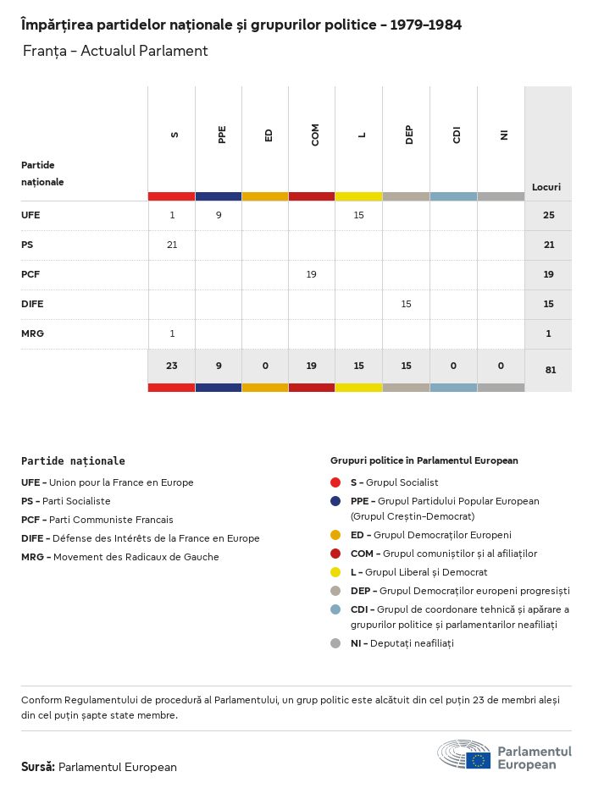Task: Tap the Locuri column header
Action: tap(546, 187)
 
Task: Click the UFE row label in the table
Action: tap(30, 215)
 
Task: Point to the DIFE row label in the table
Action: tap(32, 304)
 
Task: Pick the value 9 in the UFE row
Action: tap(219, 215)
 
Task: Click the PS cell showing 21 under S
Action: tap(172, 245)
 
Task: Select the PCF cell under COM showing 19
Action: tap(312, 274)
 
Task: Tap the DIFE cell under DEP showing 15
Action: tap(406, 304)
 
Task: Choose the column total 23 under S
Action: tap(172, 366)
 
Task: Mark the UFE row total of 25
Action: tap(549, 215)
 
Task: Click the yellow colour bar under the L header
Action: tap(359, 196)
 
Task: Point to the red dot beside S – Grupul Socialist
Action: tap(336, 482)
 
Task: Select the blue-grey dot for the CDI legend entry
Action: tap(336, 609)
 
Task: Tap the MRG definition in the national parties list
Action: tap(120, 557)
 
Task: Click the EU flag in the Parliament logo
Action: tap(478, 760)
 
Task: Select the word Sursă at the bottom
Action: tap(38, 767)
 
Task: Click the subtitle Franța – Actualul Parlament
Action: tap(115, 51)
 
